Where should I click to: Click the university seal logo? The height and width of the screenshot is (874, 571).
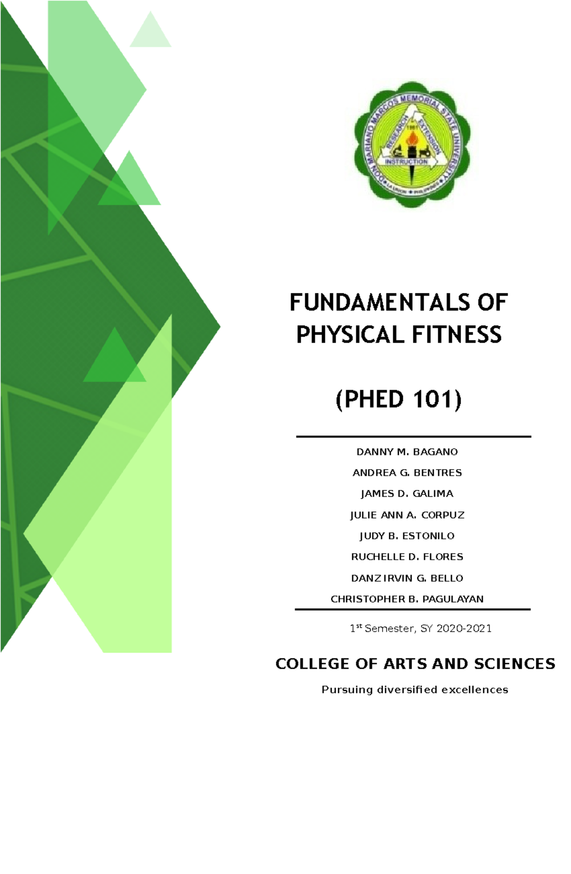pyautogui.click(x=412, y=145)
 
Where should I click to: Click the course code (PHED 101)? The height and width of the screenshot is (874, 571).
pyautogui.click(x=399, y=399)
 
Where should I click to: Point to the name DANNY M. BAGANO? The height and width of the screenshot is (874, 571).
pyautogui.click(x=407, y=452)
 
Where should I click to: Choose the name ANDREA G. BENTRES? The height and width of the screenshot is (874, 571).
pyautogui.click(x=407, y=472)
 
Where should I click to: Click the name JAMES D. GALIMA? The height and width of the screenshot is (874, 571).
pyautogui.click(x=407, y=493)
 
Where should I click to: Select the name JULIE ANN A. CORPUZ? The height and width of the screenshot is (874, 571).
pyautogui.click(x=407, y=515)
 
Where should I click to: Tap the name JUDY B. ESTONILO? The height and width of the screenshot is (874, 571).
pyautogui.click(x=407, y=536)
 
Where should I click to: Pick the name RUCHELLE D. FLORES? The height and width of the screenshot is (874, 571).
pyautogui.click(x=407, y=557)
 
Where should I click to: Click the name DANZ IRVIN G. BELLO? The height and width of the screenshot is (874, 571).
pyautogui.click(x=407, y=578)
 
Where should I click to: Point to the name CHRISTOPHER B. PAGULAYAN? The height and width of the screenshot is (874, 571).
pyautogui.click(x=407, y=599)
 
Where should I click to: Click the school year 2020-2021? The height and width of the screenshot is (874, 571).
pyautogui.click(x=464, y=629)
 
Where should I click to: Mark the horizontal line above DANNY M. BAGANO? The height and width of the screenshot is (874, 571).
pyautogui.click(x=413, y=436)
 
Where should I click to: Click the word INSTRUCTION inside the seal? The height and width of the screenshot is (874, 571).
pyautogui.click(x=406, y=162)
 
